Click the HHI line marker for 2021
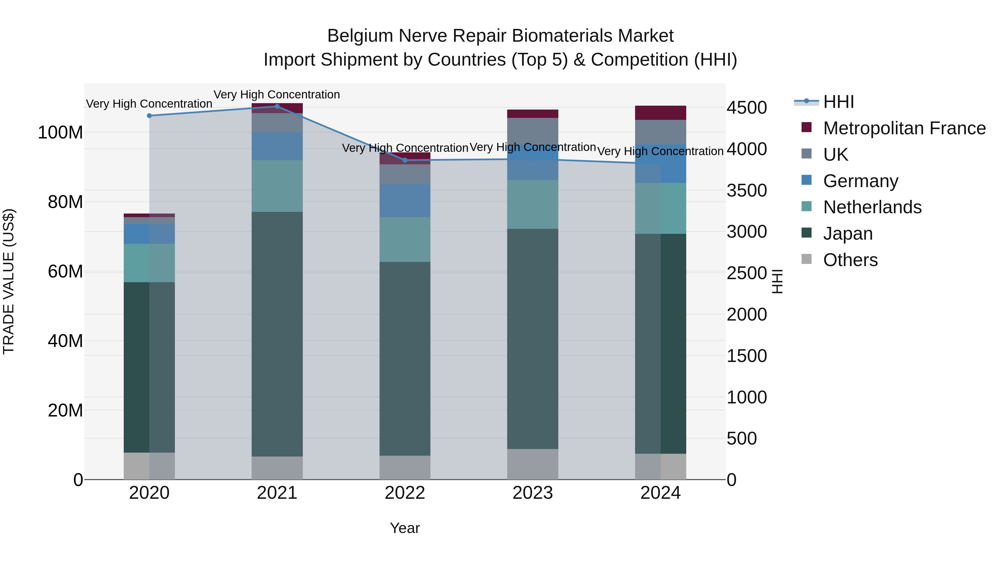click(x=277, y=106)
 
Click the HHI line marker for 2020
click(x=149, y=116)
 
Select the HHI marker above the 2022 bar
click(x=405, y=160)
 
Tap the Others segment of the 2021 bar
click(x=277, y=468)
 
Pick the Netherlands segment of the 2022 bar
click(x=405, y=239)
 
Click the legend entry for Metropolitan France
click(x=904, y=128)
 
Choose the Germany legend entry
click(x=860, y=181)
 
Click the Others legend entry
click(x=850, y=260)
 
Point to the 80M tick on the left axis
click(x=65, y=202)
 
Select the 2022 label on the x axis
click(x=405, y=493)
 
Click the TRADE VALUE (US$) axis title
click(x=9, y=281)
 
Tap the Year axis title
click(x=405, y=528)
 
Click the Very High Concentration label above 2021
click(x=277, y=95)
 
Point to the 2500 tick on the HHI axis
click(x=747, y=273)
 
